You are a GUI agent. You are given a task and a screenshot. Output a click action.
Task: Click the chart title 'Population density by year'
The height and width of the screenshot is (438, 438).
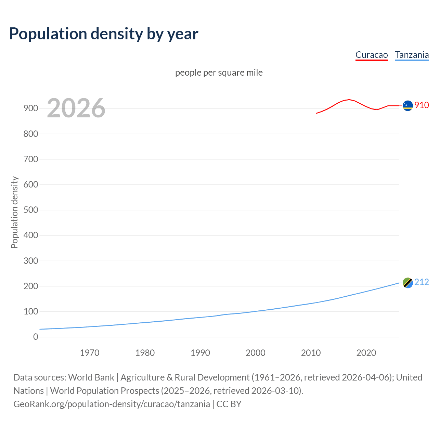104,34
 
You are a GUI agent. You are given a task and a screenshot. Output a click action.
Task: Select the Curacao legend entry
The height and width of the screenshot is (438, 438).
371,55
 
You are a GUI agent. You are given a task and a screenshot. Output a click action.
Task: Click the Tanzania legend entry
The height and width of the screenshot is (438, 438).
412,55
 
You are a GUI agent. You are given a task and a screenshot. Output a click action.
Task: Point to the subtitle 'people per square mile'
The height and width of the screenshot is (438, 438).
219,73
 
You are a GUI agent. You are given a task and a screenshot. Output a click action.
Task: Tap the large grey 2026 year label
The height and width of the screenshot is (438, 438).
76,108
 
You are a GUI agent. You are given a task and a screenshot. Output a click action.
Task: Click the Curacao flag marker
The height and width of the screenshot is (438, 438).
408,106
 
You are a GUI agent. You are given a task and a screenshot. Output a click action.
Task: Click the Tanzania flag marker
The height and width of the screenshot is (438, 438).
408,283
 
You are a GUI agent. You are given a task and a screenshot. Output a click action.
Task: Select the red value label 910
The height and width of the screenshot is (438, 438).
422,105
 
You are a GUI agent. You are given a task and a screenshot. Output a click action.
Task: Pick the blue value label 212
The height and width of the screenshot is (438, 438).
421,282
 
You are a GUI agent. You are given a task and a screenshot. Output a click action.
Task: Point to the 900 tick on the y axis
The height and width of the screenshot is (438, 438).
31,108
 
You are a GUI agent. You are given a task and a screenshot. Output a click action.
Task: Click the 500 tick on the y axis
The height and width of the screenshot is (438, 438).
31,210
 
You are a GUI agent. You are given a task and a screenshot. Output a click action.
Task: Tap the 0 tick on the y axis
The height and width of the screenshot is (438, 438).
36,337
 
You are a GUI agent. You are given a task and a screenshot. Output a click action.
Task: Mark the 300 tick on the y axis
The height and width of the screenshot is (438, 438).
31,261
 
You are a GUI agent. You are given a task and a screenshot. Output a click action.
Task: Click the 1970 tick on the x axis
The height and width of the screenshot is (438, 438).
90,353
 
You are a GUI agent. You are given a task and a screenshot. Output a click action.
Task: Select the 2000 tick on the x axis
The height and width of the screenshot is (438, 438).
255,353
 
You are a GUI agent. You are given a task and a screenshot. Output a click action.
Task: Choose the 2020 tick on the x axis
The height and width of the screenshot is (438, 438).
366,353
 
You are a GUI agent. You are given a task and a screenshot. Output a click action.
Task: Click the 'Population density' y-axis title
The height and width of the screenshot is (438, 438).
14,212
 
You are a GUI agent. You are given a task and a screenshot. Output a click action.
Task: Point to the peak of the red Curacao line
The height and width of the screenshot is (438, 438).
349,100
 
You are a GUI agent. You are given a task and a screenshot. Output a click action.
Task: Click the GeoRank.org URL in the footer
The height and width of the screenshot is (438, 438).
112,404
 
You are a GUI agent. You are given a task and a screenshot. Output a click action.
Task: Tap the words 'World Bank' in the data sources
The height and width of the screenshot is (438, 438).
91,377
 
